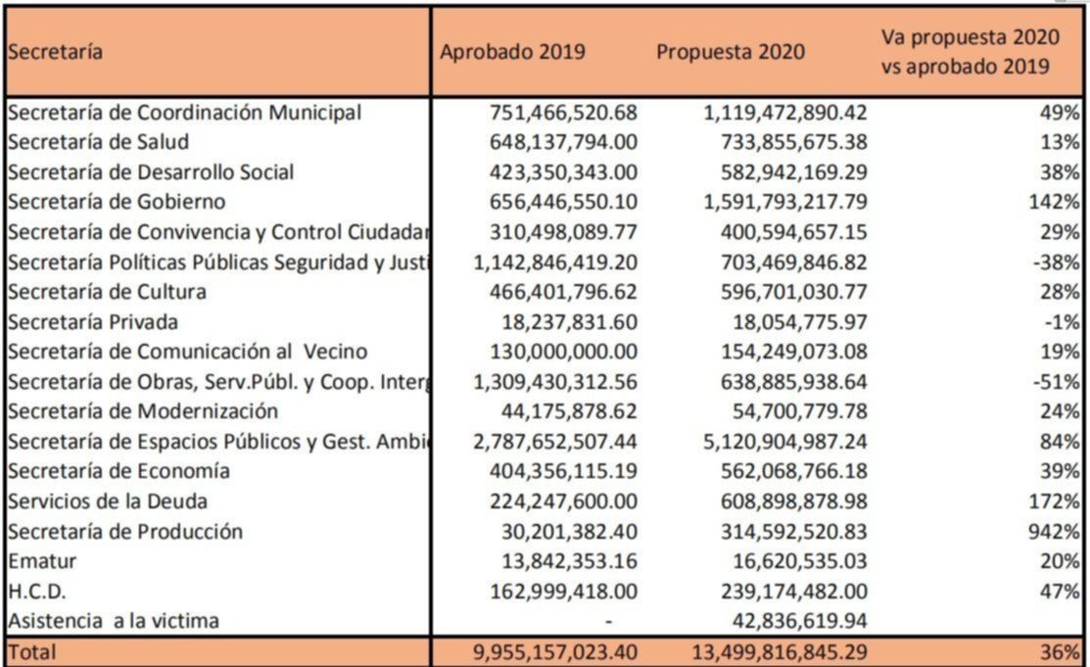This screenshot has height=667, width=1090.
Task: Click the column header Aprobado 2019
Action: tap(512, 52)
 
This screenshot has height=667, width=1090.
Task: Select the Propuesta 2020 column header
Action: tap(731, 52)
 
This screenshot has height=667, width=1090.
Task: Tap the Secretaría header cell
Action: tap(55, 52)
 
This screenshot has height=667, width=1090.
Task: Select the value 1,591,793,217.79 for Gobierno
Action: tap(784, 202)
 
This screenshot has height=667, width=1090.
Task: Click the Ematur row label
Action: tap(41, 561)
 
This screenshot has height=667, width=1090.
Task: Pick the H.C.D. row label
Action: tap(36, 592)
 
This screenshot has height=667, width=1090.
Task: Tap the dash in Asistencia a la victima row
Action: tap(610, 621)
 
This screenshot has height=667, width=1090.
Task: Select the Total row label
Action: tap(32, 652)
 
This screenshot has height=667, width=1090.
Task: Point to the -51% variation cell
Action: tap(1061, 382)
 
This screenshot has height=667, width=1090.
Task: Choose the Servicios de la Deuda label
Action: tap(107, 501)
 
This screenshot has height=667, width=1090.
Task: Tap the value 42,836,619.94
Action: tap(799, 621)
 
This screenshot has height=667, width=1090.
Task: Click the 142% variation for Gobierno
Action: tap(1061, 202)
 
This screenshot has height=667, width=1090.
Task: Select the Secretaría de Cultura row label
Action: tap(107, 292)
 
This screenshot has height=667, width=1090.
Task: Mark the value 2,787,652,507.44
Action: tap(554, 442)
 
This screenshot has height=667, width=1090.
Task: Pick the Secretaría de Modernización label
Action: tap(143, 411)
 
